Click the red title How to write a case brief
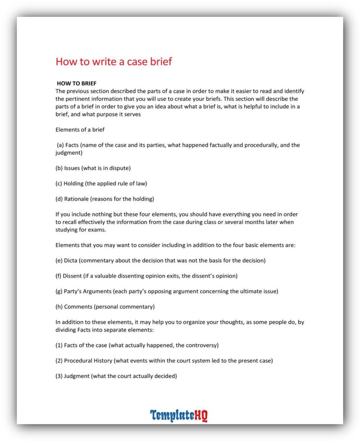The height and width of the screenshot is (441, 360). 114,62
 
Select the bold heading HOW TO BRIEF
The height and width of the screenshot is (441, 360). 77,84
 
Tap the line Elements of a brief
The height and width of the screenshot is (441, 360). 80,130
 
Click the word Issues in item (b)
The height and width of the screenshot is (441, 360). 72,168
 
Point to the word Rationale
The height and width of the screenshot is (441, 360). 78,199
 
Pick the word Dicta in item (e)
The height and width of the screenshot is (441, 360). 72,261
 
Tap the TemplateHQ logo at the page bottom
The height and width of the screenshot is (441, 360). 179,416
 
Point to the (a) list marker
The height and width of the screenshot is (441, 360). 60,145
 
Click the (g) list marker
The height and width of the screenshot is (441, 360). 59,292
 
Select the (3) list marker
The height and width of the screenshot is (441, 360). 59,376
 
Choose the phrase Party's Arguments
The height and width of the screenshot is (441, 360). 88,292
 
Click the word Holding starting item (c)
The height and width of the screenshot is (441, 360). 74,183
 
